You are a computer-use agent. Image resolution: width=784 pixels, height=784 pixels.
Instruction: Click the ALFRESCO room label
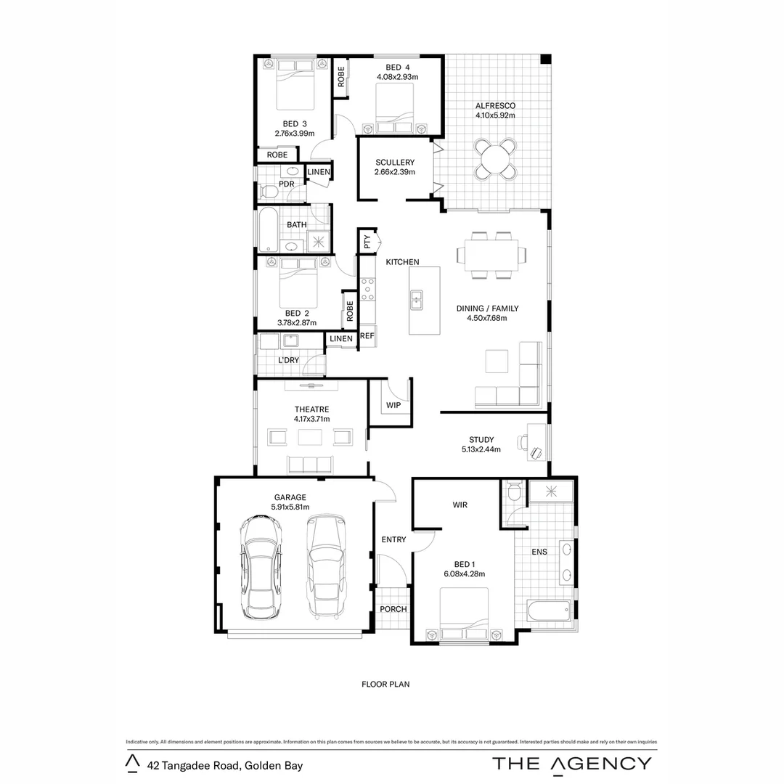tap(495, 105)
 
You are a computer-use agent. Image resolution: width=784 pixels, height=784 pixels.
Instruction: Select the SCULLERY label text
tap(395, 162)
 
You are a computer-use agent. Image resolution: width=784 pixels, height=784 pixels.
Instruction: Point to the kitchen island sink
tap(417, 298)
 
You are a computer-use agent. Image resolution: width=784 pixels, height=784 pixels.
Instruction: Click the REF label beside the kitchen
tap(367, 336)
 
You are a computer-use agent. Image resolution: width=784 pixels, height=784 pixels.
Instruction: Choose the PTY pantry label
tap(367, 242)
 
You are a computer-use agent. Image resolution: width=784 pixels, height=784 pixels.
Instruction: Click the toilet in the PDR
tap(267, 191)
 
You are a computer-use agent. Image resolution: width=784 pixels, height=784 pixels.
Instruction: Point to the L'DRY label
tap(288, 361)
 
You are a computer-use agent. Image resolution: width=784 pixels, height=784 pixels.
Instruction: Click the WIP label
tap(393, 405)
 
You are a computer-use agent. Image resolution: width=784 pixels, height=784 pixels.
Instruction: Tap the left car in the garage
tap(260, 566)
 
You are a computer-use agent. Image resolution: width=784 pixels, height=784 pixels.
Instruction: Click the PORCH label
tap(393, 609)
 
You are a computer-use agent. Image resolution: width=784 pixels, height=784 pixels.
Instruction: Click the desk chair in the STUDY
tap(536, 452)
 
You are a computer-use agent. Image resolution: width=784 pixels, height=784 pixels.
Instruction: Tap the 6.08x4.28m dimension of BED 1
tap(465, 574)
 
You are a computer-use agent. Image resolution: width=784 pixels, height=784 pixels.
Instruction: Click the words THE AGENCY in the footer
tap(572, 763)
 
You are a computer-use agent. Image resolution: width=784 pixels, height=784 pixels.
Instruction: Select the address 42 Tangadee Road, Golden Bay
tap(224, 765)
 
